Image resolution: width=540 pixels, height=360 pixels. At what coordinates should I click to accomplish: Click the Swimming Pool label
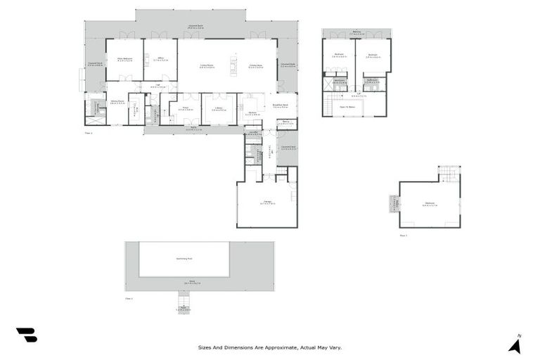click(x=184, y=258)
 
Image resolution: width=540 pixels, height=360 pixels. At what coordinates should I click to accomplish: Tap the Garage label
click(x=268, y=202)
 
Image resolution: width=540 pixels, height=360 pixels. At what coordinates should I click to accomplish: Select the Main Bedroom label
click(x=124, y=59)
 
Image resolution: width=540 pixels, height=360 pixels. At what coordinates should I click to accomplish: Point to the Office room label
click(x=160, y=59)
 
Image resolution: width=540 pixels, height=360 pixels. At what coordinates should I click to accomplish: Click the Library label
click(x=219, y=109)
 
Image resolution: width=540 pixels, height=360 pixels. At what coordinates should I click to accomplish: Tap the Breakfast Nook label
click(x=286, y=107)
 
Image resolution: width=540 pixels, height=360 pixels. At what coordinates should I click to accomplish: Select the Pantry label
click(x=286, y=122)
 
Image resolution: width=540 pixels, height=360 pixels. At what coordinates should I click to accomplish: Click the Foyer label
click(x=185, y=109)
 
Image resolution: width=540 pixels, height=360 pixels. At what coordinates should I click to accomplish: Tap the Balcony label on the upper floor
click(x=356, y=32)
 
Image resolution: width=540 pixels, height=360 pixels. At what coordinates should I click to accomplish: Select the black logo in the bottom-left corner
click(x=27, y=335)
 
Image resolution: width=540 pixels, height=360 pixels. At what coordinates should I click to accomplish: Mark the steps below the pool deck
click(x=184, y=307)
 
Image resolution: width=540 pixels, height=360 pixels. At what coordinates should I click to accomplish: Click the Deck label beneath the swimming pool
click(x=188, y=282)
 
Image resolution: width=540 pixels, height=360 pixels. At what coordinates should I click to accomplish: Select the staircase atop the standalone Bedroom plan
click(x=449, y=173)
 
